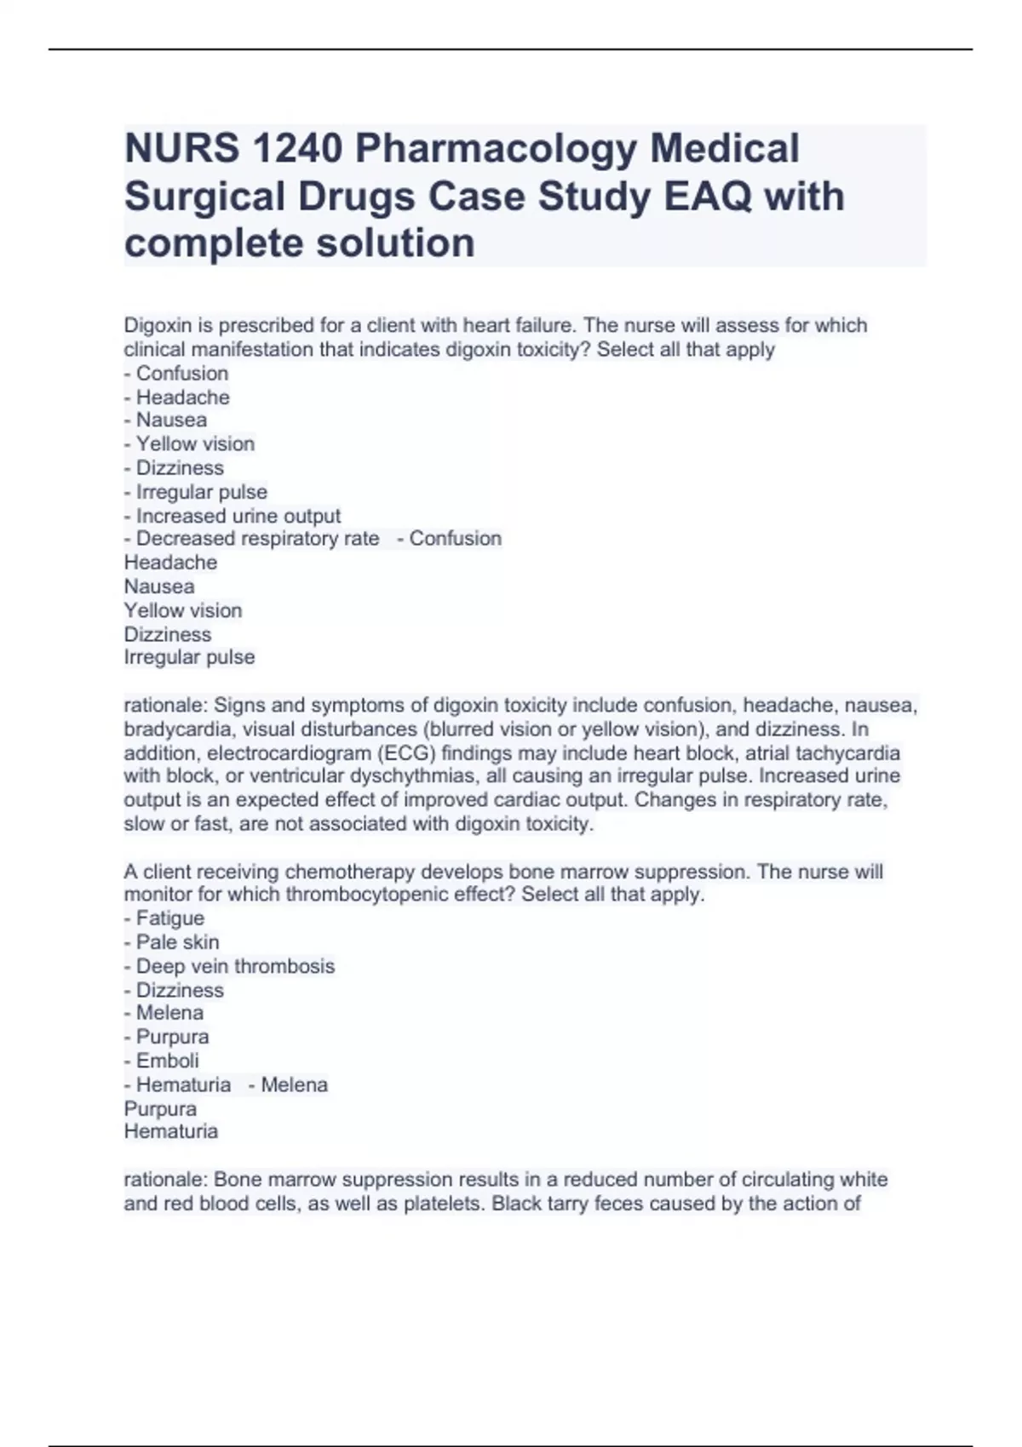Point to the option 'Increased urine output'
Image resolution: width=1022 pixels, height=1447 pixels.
pos(238,516)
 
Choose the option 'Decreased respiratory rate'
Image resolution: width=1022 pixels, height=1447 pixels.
pos(257,539)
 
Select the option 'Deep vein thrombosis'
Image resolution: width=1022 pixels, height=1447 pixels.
pos(235,966)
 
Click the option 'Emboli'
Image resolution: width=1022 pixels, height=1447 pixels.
pos(167,1061)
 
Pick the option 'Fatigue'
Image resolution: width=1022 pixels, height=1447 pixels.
pos(169,918)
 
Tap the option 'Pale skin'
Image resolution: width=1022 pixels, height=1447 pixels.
pos(177,942)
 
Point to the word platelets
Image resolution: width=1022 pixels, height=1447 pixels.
pos(445,1204)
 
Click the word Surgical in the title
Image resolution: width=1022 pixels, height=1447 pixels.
pos(204,197)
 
